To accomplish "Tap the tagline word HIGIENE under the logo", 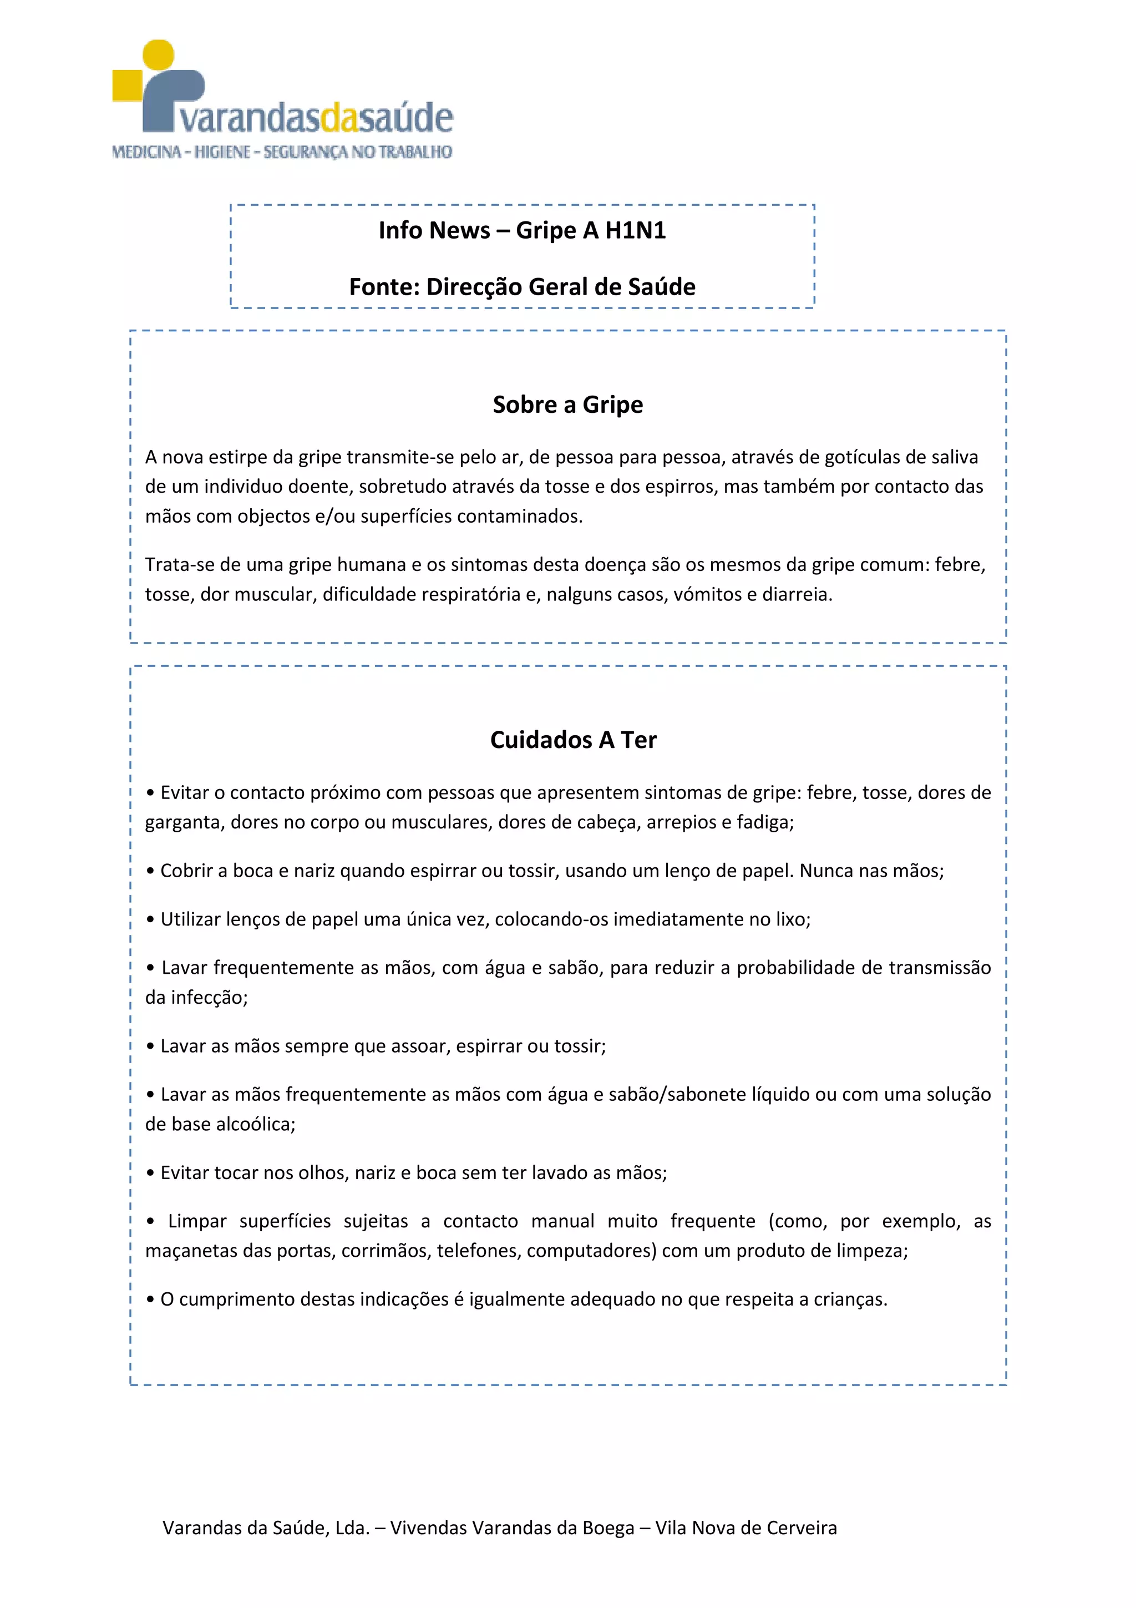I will (x=222, y=152).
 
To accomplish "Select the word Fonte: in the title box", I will (x=384, y=287).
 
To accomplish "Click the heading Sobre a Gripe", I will (x=567, y=405).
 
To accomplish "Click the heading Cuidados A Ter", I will (x=573, y=740).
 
